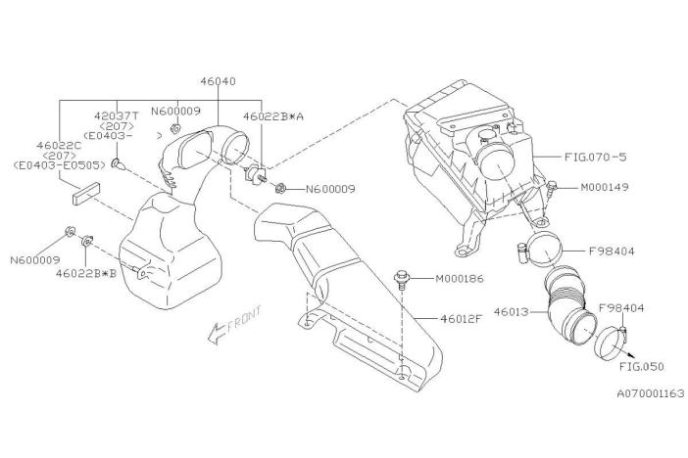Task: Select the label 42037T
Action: point(117,114)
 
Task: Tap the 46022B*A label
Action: point(273,115)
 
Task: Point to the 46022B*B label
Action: point(85,275)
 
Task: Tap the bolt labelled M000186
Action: point(402,280)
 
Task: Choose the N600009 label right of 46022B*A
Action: point(329,189)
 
